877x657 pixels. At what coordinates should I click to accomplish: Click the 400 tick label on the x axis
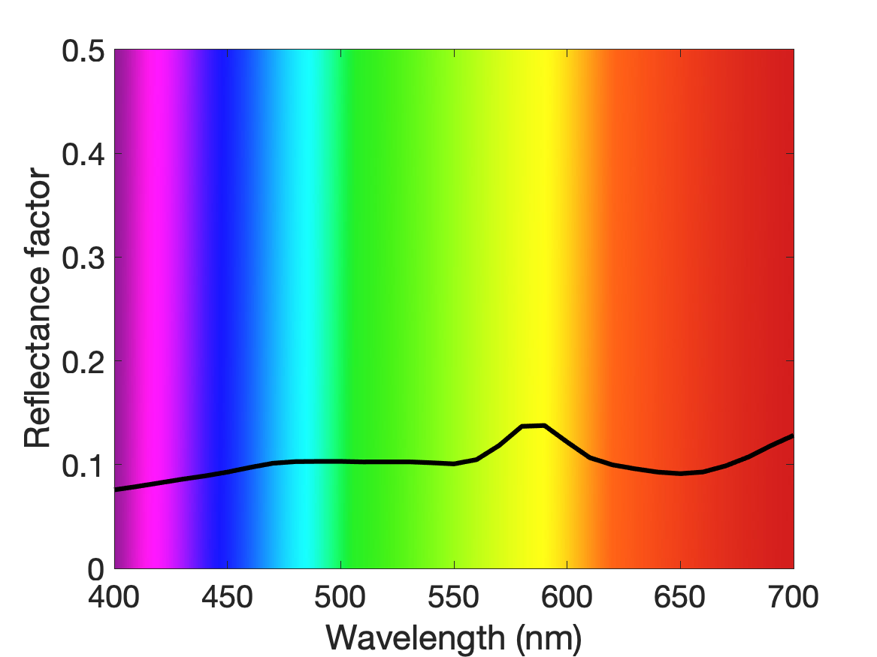coord(114,597)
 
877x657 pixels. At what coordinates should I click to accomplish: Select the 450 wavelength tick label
coord(227,597)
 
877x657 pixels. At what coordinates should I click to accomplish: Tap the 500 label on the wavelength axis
coord(340,597)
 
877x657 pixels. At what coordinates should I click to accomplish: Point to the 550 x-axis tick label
coord(454,597)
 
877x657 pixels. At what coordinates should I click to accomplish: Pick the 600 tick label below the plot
coord(567,597)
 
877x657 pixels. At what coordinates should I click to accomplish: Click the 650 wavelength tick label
coord(679,597)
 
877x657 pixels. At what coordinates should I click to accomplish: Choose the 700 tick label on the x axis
coord(793,597)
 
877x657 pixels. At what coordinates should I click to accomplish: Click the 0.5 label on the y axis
coord(83,51)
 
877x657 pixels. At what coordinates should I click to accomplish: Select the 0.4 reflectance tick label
coord(83,154)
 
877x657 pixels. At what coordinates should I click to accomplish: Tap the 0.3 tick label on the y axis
coord(83,258)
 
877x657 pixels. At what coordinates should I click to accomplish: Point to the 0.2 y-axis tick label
coord(83,362)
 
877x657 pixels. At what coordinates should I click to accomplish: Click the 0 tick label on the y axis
coord(96,569)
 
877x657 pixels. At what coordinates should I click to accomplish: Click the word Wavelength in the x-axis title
coord(416,637)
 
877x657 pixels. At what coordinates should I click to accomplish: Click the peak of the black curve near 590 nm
coord(543,426)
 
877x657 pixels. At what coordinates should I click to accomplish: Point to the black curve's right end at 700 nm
coord(793,435)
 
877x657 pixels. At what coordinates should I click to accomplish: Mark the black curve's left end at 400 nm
coord(115,490)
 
